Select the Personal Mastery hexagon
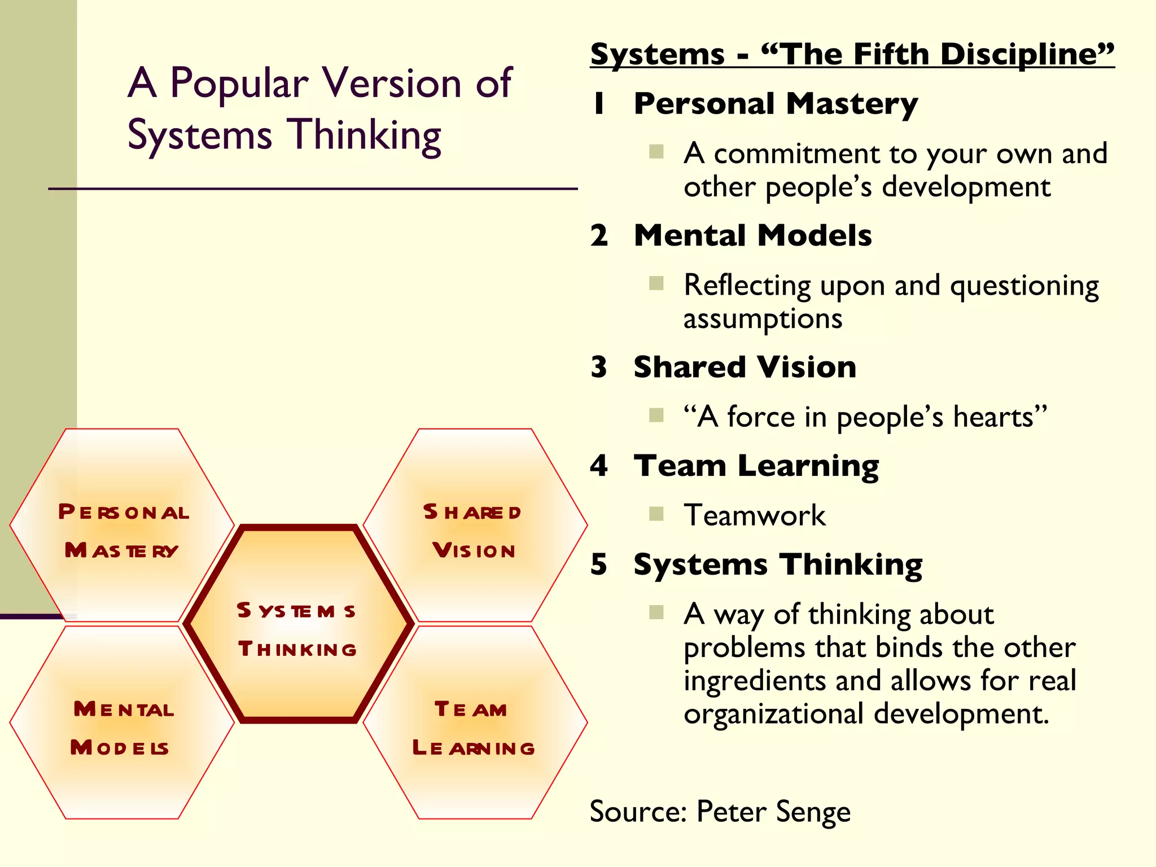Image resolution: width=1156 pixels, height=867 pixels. click(x=122, y=526)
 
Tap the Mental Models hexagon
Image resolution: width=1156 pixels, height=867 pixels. click(x=122, y=723)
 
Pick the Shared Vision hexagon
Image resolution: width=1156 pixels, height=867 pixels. click(x=475, y=526)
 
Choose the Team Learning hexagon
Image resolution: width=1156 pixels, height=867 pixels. click(x=475, y=723)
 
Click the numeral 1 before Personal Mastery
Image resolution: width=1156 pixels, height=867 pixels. click(x=599, y=104)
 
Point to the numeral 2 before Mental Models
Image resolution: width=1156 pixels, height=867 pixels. click(x=599, y=235)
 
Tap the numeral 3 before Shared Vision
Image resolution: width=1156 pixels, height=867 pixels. click(x=599, y=367)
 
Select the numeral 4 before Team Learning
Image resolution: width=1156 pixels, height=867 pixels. click(x=599, y=466)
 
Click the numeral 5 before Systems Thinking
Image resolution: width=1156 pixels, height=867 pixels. click(x=599, y=564)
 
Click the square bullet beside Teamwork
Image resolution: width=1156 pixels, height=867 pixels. click(x=656, y=514)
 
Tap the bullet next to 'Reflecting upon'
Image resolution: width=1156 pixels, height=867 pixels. click(x=656, y=283)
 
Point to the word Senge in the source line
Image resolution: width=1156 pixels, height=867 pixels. click(x=813, y=812)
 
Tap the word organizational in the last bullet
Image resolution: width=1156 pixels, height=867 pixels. click(x=773, y=714)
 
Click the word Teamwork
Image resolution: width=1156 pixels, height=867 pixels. click(x=755, y=515)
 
